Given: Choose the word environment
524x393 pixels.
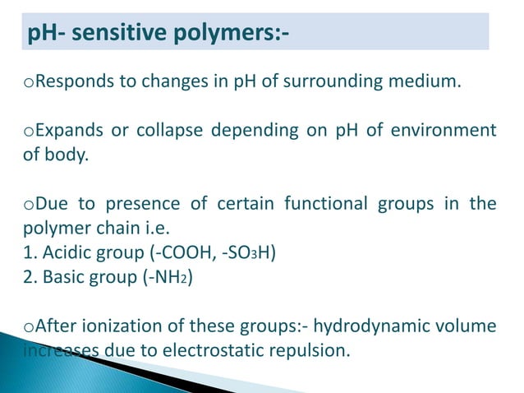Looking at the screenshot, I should pos(448,130).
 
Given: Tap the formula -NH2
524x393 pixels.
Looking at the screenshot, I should pos(163,274).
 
